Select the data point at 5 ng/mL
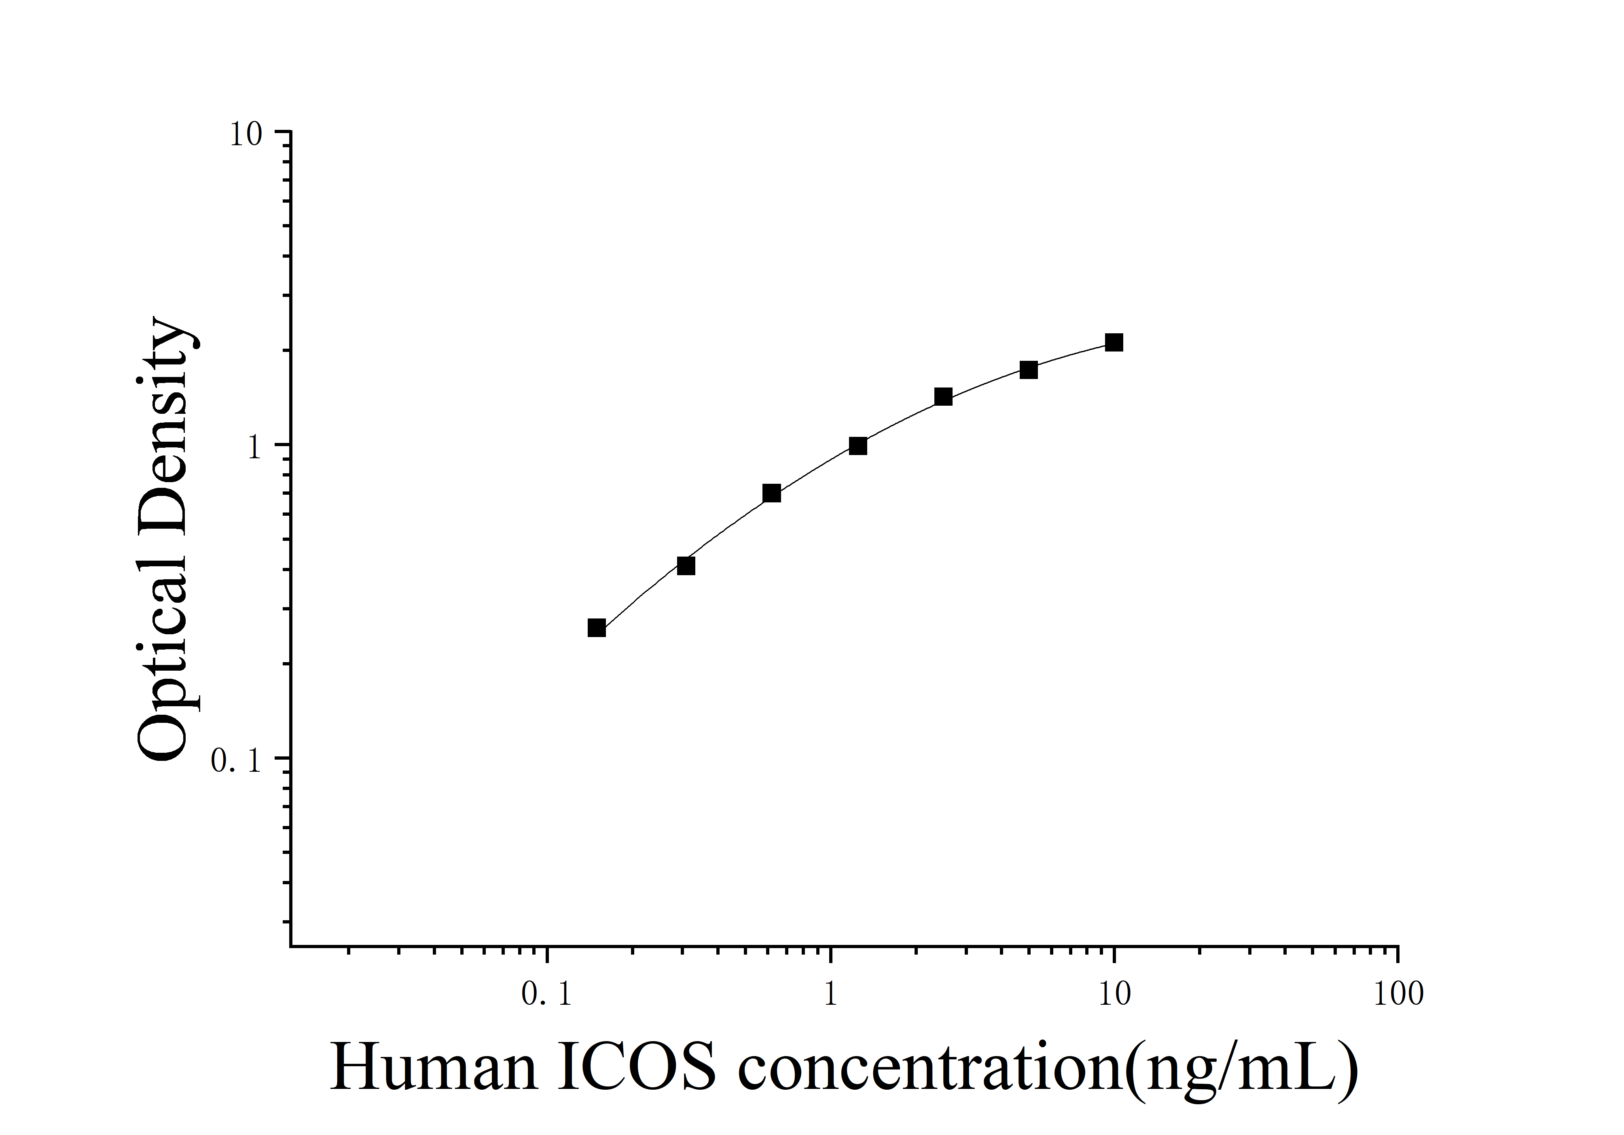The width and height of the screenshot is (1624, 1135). click(1029, 370)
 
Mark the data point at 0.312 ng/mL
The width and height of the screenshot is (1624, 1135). click(686, 566)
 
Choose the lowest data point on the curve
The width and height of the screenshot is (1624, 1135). click(597, 628)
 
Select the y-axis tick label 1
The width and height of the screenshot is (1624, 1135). click(255, 448)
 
